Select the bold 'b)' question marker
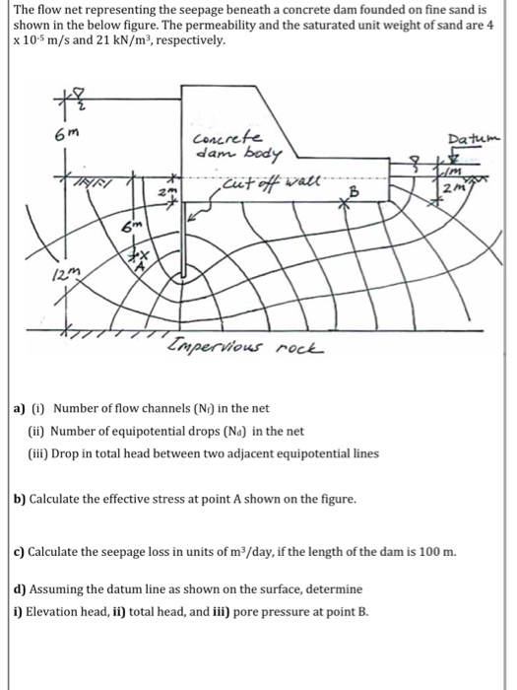[x=20, y=500]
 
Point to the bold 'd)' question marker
[x=20, y=589]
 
